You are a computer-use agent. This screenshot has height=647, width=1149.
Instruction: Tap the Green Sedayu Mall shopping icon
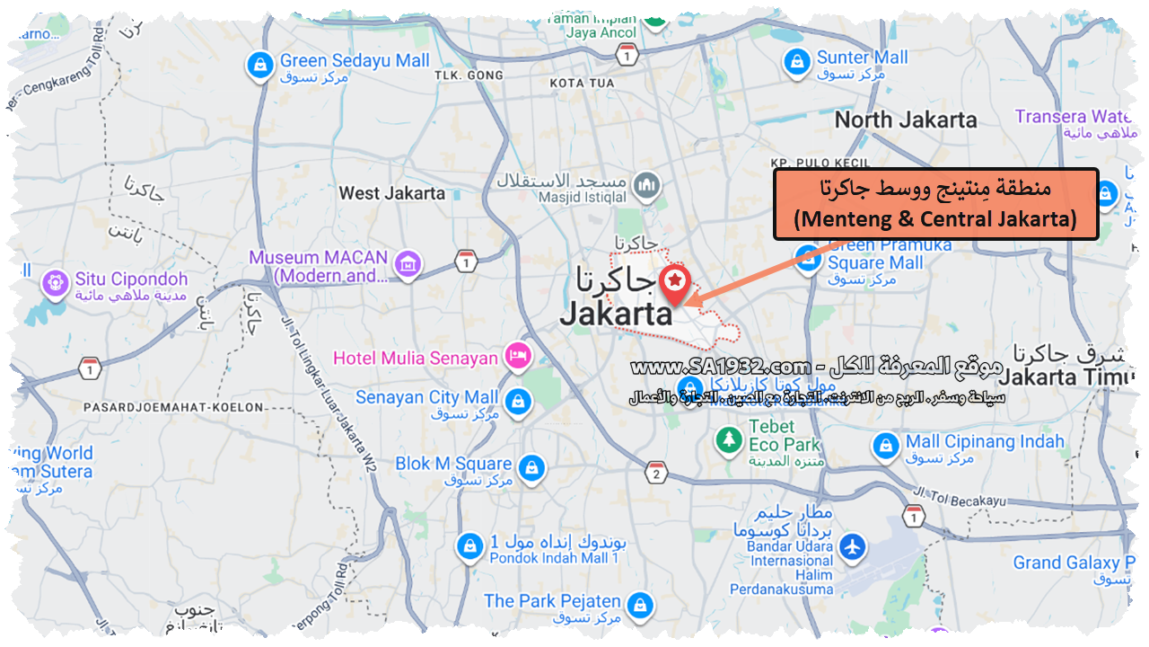[259, 65]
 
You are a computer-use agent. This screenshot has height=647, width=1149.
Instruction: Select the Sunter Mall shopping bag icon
[795, 62]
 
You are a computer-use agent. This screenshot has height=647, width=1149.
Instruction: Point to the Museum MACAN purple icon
[408, 264]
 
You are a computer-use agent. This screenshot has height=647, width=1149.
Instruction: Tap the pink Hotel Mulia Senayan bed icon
[518, 357]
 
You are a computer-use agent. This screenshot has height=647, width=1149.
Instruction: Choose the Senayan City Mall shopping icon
[516, 402]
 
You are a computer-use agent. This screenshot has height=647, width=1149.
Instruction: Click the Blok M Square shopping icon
[531, 468]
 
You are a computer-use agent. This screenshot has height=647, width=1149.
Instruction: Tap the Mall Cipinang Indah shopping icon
[885, 446]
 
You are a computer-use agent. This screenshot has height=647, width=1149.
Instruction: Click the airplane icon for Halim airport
[851, 545]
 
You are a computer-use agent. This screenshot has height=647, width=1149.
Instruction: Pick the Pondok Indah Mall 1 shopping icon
[469, 545]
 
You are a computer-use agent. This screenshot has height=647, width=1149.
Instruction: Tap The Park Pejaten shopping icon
[639, 605]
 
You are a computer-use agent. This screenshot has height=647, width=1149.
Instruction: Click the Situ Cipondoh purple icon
[56, 283]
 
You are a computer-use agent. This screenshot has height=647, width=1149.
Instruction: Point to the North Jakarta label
[906, 120]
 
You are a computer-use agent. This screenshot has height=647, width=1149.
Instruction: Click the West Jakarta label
[392, 192]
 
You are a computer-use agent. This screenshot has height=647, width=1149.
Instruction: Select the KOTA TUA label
[582, 83]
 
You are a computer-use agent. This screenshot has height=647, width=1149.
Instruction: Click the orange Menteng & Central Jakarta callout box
[935, 204]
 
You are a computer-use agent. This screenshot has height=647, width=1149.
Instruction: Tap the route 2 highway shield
[657, 473]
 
